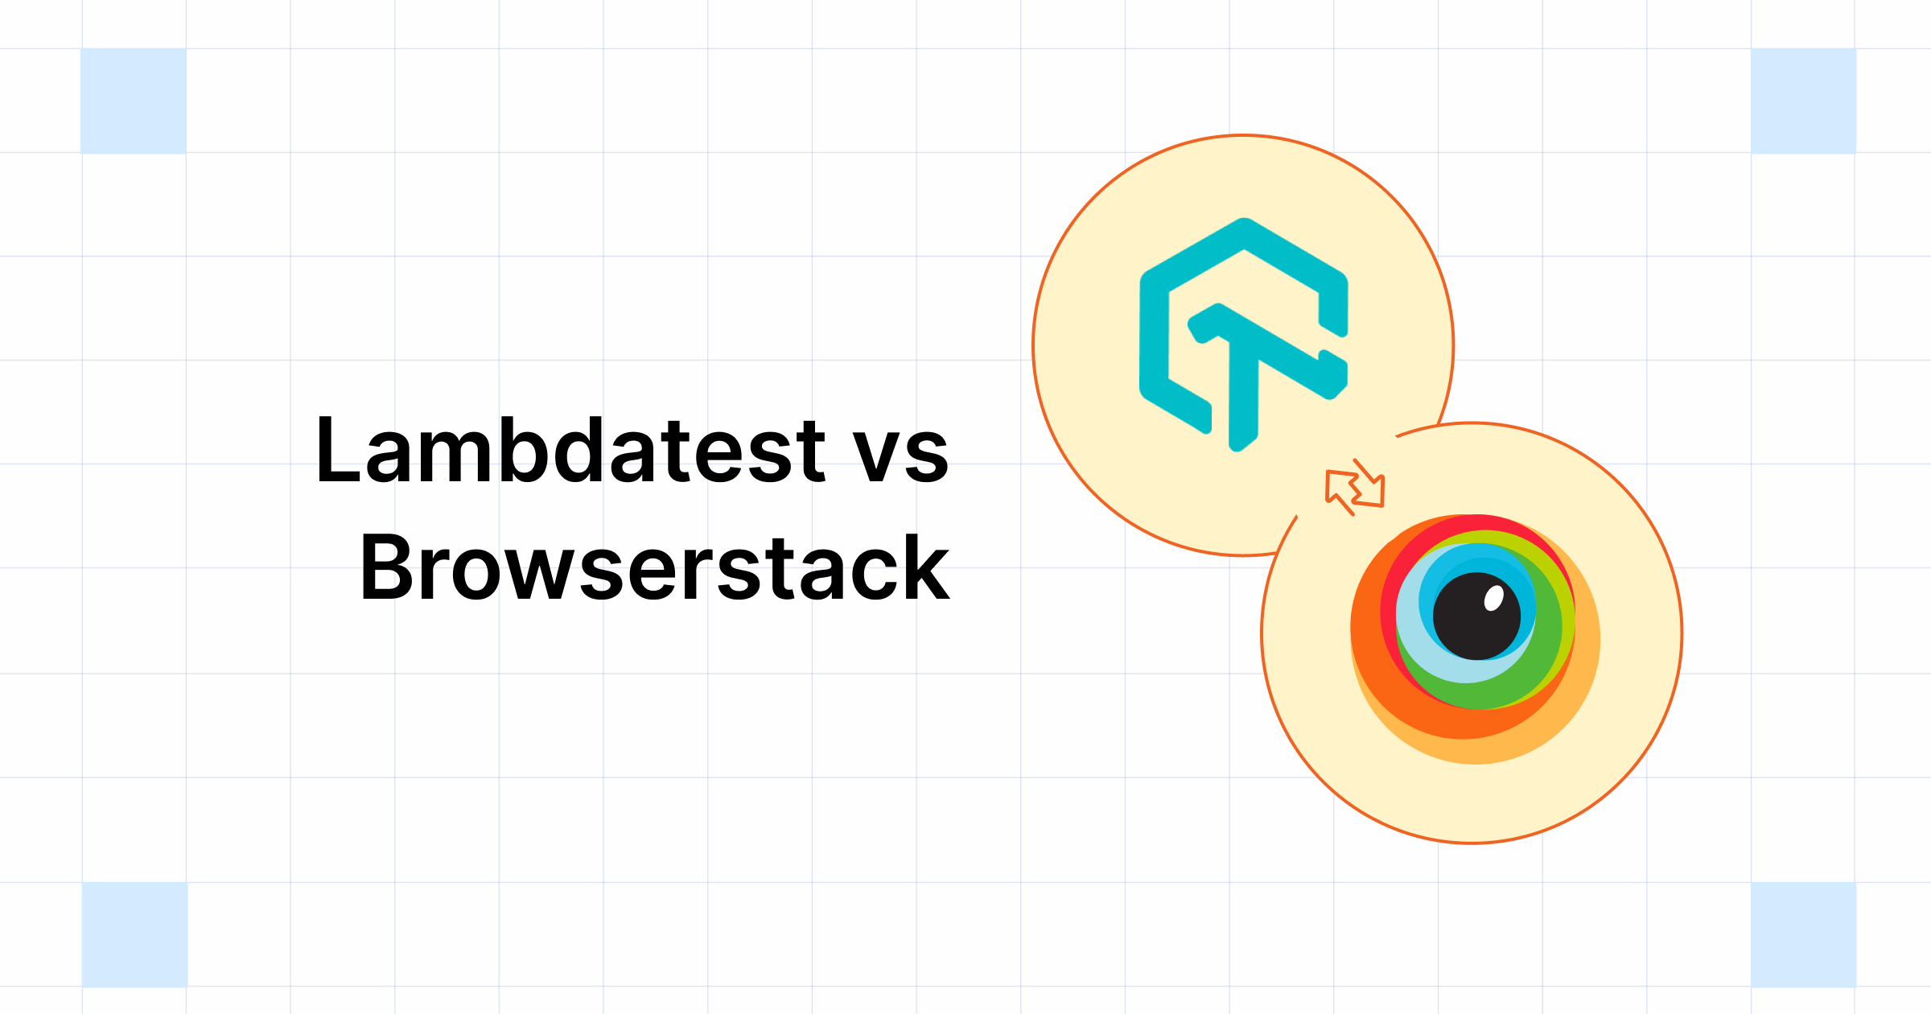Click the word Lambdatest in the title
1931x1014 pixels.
coord(570,451)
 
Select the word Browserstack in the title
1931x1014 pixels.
coord(655,569)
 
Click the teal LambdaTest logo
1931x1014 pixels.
coord(1243,334)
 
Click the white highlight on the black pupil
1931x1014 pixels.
coord(1493,598)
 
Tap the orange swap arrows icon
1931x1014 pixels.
coord(1355,488)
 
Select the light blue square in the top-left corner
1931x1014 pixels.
coord(134,101)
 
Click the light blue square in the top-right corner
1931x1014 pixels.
coord(1803,101)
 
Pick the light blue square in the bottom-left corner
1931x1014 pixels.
coord(134,934)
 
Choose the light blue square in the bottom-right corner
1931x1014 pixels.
coord(1803,934)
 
